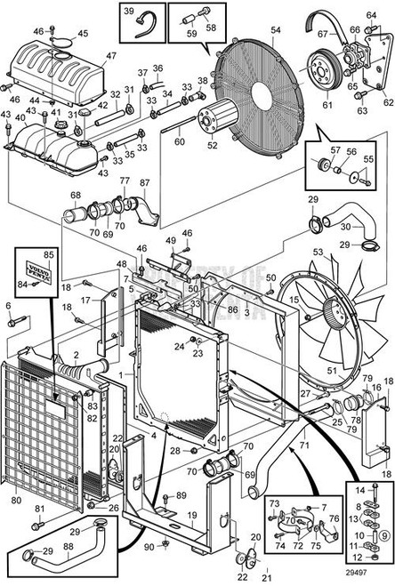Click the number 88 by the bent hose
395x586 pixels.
point(69,546)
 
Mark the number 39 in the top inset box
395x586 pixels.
point(128,12)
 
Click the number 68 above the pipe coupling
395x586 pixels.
point(76,196)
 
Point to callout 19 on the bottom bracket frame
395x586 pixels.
point(191,514)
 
